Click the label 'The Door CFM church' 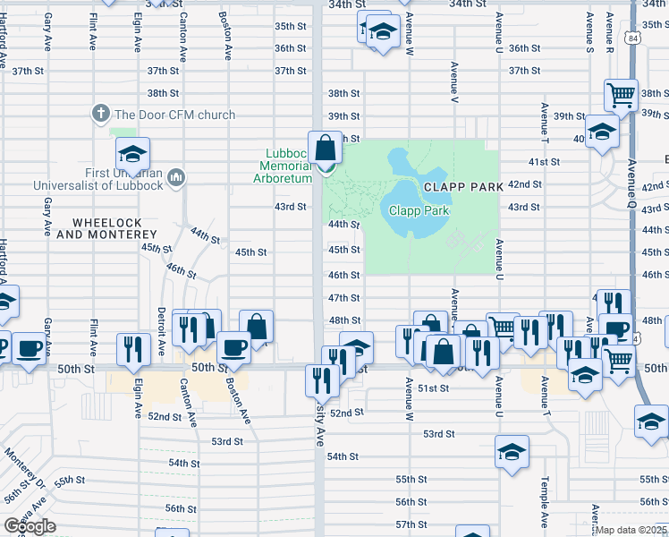click(x=174, y=115)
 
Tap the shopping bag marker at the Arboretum click(x=326, y=147)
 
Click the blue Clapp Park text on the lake click(x=419, y=210)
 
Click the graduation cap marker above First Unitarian click(x=132, y=154)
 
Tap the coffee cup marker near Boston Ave click(x=233, y=346)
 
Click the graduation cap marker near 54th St click(x=512, y=451)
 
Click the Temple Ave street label click(x=544, y=501)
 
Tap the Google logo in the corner click(x=30, y=526)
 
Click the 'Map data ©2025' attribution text click(x=631, y=530)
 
